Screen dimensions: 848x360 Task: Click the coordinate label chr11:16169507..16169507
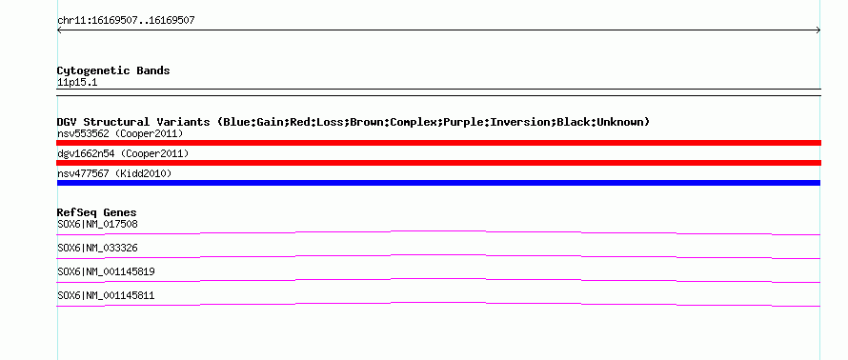point(126,21)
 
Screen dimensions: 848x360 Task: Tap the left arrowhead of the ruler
point(58,30)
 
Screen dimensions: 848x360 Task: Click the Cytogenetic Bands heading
point(113,70)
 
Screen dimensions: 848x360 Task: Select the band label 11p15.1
point(77,83)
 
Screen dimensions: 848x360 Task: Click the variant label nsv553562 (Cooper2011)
point(120,133)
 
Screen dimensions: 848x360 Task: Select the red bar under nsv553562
point(438,143)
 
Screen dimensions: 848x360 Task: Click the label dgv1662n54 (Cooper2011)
point(123,153)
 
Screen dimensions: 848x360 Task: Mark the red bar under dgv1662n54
point(438,163)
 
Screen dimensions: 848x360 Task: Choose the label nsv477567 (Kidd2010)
point(114,173)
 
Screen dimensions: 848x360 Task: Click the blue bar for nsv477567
point(438,183)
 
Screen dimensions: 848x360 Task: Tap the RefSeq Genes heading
point(97,212)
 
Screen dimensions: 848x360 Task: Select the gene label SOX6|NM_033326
point(97,249)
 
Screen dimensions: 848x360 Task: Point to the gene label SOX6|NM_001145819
point(106,271)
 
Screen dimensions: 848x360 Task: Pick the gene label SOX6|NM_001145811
point(106,295)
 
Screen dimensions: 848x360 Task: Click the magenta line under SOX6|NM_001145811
point(438,303)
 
